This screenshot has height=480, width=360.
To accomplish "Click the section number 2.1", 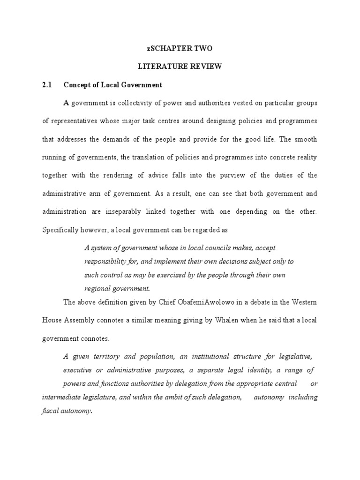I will coord(47,85).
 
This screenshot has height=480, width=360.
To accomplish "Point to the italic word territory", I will coord(105,357).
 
